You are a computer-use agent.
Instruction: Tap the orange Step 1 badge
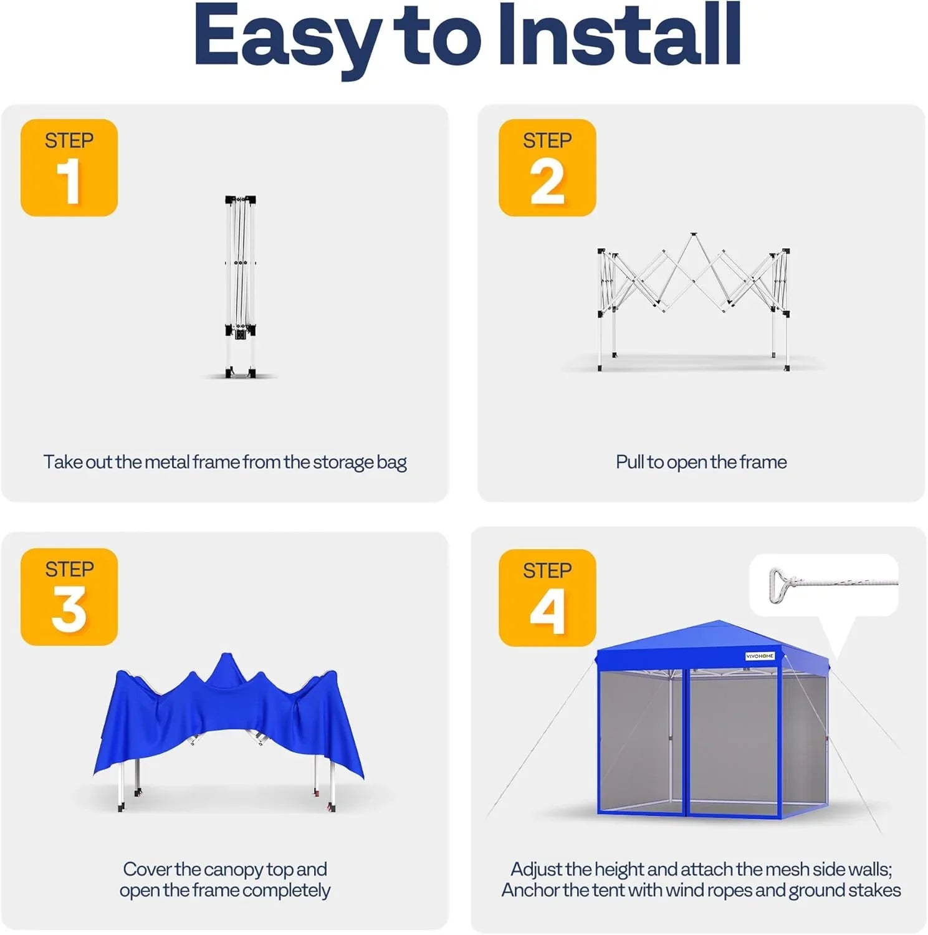pos(69,168)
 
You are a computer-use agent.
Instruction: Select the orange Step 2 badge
pos(547,168)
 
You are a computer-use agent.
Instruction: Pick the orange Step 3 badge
pos(69,597)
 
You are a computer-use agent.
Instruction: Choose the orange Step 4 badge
pos(547,597)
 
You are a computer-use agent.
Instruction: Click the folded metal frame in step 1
pos(241,287)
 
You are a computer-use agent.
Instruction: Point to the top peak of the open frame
pos(692,236)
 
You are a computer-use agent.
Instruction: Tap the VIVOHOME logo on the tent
pos(760,656)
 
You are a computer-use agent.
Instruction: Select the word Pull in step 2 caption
pos(629,462)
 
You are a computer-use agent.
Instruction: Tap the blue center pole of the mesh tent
pos(686,742)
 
